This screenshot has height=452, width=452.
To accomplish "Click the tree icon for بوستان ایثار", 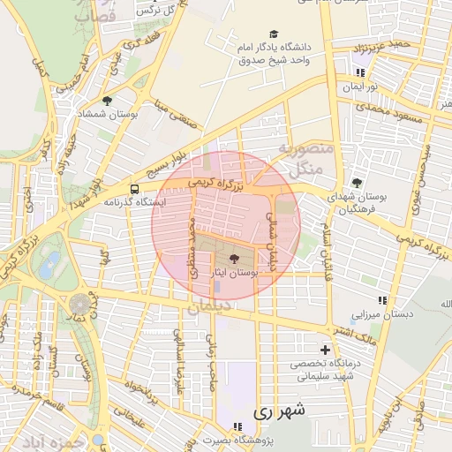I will click(x=234, y=260).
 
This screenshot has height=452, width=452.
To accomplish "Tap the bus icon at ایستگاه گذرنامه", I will click(x=133, y=189).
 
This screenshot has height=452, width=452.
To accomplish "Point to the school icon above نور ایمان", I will click(x=359, y=73).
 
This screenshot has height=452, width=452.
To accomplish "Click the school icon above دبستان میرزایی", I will click(x=381, y=300).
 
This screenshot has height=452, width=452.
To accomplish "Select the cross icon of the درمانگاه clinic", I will click(x=327, y=350).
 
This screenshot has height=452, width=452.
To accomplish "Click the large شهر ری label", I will click(x=278, y=411).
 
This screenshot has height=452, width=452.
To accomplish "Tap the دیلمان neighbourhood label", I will click(x=208, y=305).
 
